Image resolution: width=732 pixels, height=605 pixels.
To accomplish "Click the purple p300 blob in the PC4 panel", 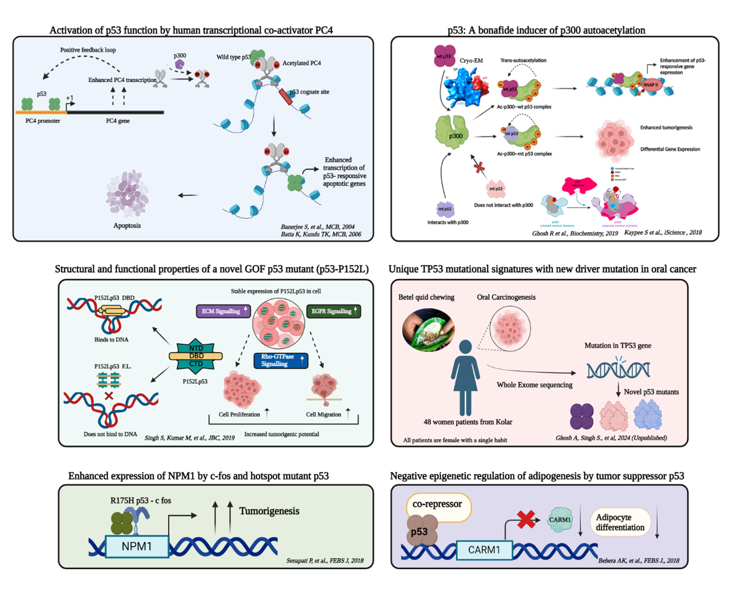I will coord(180,64).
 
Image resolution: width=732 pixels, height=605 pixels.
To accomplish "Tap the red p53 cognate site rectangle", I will coord(286,97).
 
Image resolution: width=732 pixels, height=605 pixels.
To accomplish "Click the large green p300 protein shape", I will coord(451,132).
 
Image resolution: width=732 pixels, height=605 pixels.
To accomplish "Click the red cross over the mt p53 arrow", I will coord(479,167).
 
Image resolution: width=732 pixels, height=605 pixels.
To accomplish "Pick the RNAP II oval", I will coord(650,85).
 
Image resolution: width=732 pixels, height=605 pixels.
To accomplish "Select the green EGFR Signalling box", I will coord(334,311).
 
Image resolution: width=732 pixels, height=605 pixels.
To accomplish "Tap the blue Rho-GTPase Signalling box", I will coord(281,361).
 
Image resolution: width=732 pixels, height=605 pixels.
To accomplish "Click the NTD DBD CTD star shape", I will coord(196,356).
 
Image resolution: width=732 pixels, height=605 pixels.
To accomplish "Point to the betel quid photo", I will coord(428,330).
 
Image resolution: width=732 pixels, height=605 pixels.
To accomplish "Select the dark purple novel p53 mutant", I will coord(582,416).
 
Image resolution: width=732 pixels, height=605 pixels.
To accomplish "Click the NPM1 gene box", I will coord(137,546).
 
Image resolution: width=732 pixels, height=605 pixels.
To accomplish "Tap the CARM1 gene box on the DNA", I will coord(484,550).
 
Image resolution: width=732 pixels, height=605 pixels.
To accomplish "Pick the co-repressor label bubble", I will coord(438,505).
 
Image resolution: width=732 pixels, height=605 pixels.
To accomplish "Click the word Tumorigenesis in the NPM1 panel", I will coord(269,511).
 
